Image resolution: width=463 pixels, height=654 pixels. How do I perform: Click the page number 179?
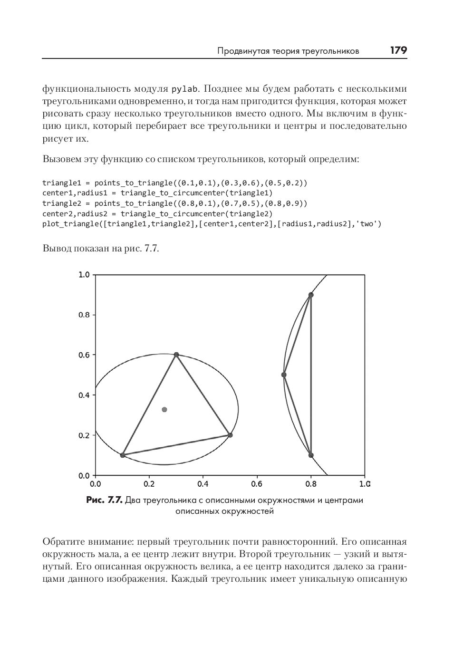(x=398, y=50)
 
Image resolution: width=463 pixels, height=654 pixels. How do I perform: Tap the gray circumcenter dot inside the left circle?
(x=164, y=409)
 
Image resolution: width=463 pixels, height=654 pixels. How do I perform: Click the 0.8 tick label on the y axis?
(x=84, y=315)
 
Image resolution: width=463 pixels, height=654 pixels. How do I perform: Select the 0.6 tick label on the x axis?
(x=257, y=484)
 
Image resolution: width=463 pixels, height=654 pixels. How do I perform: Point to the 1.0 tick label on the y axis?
(x=84, y=275)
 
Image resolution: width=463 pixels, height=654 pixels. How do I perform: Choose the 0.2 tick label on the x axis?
(x=149, y=484)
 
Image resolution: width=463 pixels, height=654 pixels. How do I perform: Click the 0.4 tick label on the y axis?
(x=84, y=395)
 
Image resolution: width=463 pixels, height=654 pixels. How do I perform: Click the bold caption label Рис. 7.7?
(x=105, y=500)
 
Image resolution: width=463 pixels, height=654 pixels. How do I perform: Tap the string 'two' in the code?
(x=367, y=224)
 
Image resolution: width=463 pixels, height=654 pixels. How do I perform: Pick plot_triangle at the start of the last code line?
(x=70, y=224)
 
